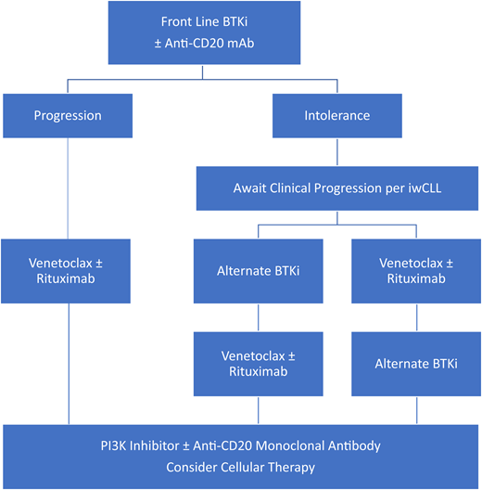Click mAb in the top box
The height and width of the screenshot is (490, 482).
(286, 44)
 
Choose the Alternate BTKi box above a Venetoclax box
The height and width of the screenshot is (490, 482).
(258, 272)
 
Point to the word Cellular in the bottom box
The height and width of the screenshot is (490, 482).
(244, 468)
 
